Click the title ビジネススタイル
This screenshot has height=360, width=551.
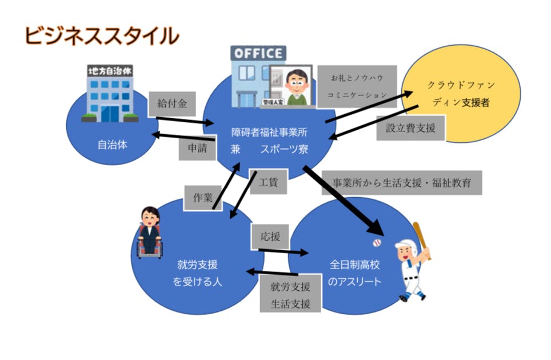[101, 35]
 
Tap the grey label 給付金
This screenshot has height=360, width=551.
[172, 103]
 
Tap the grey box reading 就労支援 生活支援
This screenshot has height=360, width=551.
[290, 294]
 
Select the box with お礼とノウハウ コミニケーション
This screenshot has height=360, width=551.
[355, 86]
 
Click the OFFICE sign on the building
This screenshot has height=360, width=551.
[258, 54]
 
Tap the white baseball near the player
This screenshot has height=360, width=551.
[376, 243]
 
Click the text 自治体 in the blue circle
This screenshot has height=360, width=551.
[112, 145]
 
